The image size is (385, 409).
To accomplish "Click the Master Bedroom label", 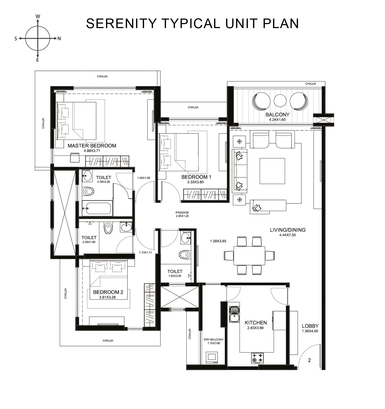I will click(92, 145).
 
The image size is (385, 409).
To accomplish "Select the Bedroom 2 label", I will click(108, 292).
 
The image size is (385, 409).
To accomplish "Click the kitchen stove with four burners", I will click(257, 358).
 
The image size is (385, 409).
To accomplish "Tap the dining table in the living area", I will click(249, 255).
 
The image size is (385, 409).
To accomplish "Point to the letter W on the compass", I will click(38, 16).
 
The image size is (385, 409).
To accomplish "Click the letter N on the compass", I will click(59, 38).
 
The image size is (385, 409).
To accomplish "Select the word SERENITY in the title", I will click(121, 23).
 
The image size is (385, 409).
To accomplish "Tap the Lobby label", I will click(310, 326).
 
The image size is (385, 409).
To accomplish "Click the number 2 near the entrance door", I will click(309, 360).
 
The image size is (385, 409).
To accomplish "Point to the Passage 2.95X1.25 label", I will click(182, 214).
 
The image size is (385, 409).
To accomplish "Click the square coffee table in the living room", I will click(272, 171).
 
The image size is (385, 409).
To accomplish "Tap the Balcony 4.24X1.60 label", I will click(277, 117).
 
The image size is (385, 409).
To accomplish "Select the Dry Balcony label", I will click(214, 339).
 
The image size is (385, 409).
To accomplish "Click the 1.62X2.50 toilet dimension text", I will click(175, 276).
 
